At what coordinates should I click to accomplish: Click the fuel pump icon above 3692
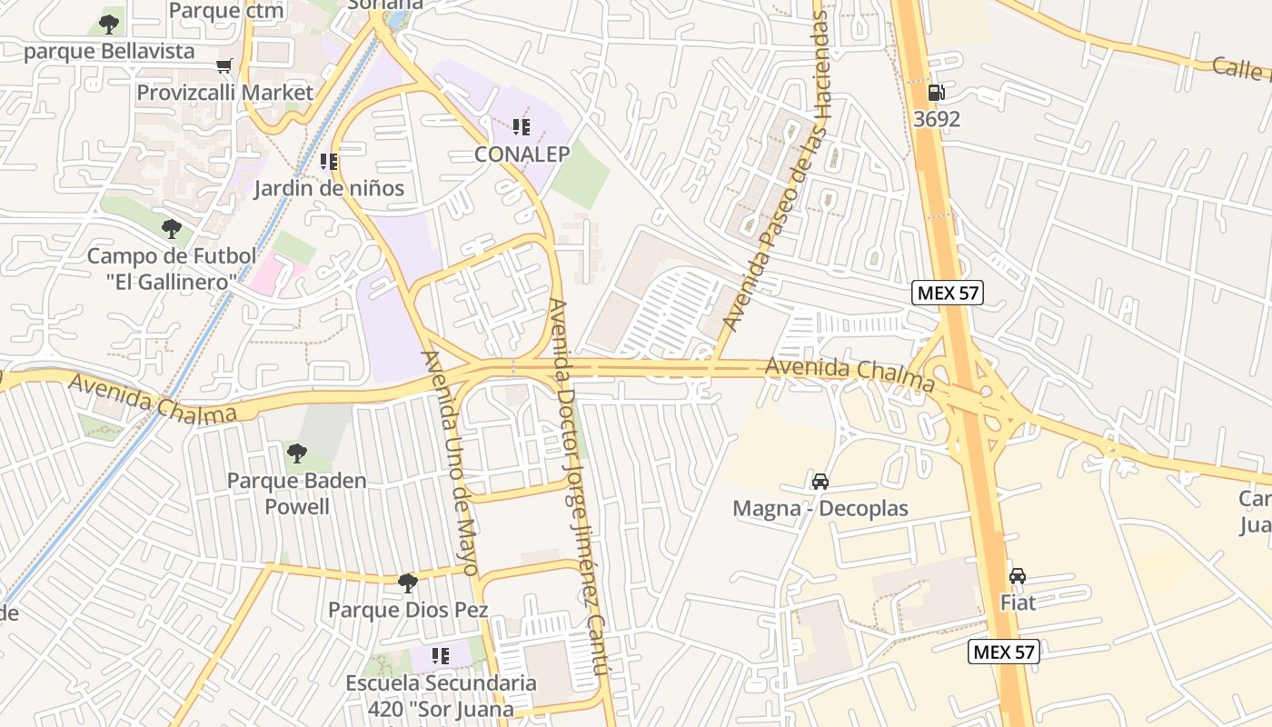tap(936, 93)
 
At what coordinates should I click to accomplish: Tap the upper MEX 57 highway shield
tap(948, 293)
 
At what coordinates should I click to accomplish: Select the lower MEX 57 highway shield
tap(1003, 652)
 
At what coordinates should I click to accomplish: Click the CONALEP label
tap(522, 154)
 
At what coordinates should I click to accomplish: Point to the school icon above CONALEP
tap(521, 127)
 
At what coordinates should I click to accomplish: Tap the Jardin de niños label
tap(329, 189)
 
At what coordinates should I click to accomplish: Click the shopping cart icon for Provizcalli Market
tap(224, 65)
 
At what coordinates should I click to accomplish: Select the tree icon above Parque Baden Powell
tap(296, 453)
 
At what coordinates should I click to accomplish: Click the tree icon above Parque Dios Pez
tap(408, 582)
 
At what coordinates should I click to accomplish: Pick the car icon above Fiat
tap(1018, 576)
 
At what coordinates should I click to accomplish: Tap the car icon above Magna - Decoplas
tap(820, 482)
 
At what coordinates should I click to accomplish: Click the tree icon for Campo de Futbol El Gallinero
tap(171, 229)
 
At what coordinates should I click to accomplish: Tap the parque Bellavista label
tap(109, 51)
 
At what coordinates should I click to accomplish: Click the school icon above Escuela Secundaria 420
tap(441, 656)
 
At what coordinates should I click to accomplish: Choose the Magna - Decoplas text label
tap(820, 508)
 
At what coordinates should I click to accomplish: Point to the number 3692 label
tap(938, 119)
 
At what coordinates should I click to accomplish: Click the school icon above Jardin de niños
tap(329, 162)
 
